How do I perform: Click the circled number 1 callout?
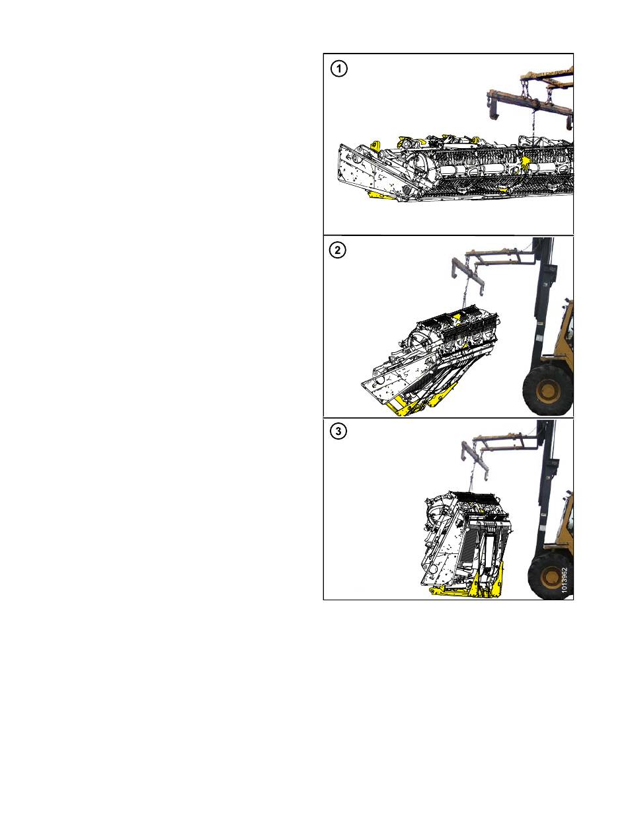338,69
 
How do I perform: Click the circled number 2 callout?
337,250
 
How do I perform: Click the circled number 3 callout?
338,431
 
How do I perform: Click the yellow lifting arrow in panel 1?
524,163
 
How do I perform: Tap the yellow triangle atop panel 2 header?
457,316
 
